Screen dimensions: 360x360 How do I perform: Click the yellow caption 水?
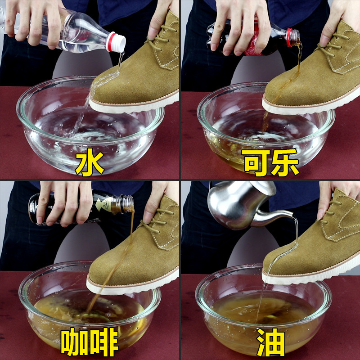tap(90, 162)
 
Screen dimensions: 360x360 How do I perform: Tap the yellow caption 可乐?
tap(270, 162)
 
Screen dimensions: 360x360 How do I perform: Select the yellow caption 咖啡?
tap(90, 342)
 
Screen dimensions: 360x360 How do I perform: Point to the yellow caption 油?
tap(270, 342)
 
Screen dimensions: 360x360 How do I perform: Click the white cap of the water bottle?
tap(116, 42)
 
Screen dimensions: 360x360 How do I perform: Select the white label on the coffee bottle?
tap(104, 204)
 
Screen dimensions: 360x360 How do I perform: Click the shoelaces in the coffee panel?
tap(156, 220)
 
